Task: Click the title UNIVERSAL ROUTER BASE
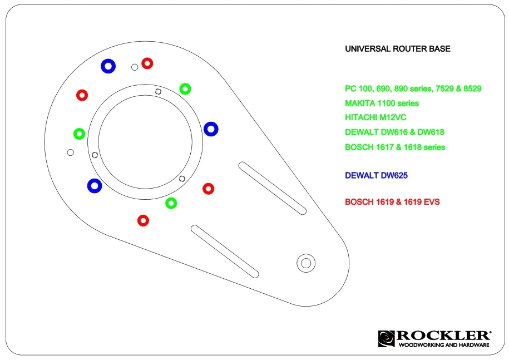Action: coord(398,49)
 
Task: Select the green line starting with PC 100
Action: coord(413,88)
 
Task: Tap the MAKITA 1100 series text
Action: coord(382,103)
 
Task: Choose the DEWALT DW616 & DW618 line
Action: coord(394,133)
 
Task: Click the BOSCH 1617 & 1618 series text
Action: coord(395,147)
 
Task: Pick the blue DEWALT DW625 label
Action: coord(377,176)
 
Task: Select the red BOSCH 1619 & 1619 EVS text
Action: coord(392,202)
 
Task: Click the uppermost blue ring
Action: coord(108,66)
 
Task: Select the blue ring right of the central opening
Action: coord(211,129)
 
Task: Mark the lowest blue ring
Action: coord(95,186)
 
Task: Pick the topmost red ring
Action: coord(147,63)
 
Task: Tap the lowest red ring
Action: coord(143,220)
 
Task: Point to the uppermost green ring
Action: coord(185,88)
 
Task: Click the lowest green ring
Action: coord(171,203)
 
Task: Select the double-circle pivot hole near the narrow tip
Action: coord(305,263)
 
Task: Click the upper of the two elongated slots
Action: coord(273,188)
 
